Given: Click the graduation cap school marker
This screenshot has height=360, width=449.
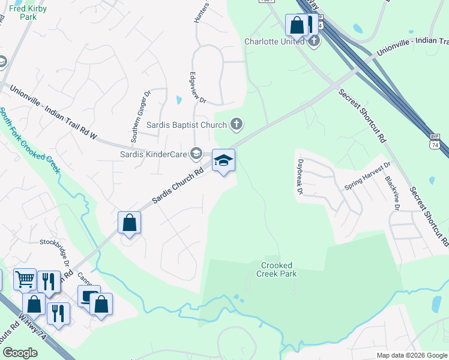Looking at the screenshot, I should point(223,161).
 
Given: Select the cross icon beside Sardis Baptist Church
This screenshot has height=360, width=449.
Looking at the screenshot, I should point(237,125).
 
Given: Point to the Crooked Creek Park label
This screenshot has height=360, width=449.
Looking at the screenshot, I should point(276,269).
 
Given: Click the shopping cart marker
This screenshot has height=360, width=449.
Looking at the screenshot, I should point(25,278).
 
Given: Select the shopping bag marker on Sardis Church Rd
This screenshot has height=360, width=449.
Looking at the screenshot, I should point(129,223).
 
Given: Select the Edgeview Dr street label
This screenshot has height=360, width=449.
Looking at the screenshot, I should point(197,88).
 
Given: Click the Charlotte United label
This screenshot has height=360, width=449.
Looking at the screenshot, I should point(275,41).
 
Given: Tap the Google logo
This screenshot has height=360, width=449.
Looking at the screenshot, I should point(20,353).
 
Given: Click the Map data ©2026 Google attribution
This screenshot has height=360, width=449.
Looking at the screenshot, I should point(412,355).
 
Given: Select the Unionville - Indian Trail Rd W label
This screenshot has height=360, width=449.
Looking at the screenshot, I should point(53,113).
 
